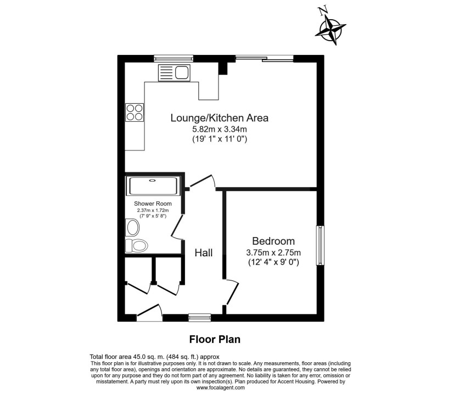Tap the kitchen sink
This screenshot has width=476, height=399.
point(174,73)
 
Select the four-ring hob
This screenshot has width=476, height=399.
point(135,113)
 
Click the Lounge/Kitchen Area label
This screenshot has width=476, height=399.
point(220,118)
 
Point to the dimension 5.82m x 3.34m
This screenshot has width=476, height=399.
point(220,130)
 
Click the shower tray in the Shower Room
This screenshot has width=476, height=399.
point(153,186)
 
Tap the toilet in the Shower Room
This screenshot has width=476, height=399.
point(136,245)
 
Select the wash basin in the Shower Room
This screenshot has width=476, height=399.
point(133,228)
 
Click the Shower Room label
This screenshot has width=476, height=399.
point(153,204)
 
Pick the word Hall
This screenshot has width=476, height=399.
point(203,253)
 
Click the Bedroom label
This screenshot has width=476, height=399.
point(273,241)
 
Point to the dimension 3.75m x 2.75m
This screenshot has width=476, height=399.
point(273,252)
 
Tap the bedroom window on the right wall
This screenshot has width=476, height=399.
point(320,245)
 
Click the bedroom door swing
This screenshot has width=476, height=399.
point(232,291)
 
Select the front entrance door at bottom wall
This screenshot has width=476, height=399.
point(149,312)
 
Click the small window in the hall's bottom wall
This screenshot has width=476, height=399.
point(199,318)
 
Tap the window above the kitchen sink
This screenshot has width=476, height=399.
point(173,59)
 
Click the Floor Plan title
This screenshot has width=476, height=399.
point(215,339)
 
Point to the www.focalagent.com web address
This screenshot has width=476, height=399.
point(220,387)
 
